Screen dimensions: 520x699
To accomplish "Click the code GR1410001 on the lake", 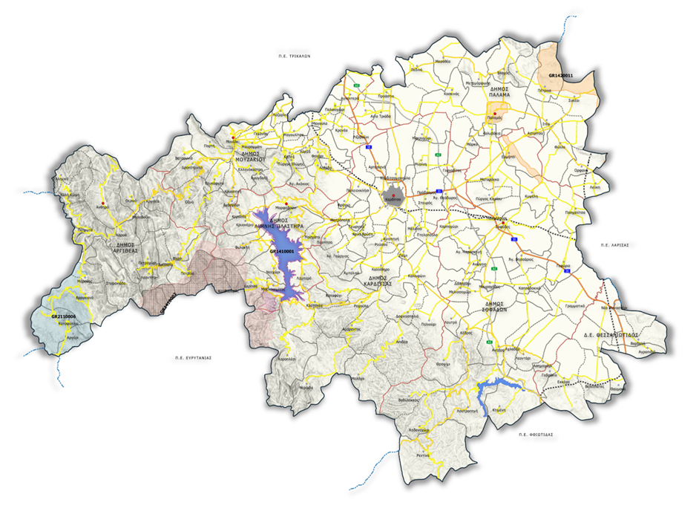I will [282, 252].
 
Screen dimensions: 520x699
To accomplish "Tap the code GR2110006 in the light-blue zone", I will [64, 316].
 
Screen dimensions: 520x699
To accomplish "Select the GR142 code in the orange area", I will [555, 76].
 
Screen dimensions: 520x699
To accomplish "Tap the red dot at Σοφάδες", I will [502, 222].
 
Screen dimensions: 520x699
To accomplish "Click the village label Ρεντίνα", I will [423, 455].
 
